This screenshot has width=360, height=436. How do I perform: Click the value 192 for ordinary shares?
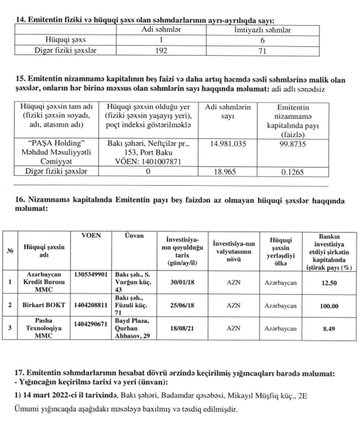click(x=161, y=51)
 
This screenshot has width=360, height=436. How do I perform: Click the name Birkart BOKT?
click(x=44, y=305)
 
